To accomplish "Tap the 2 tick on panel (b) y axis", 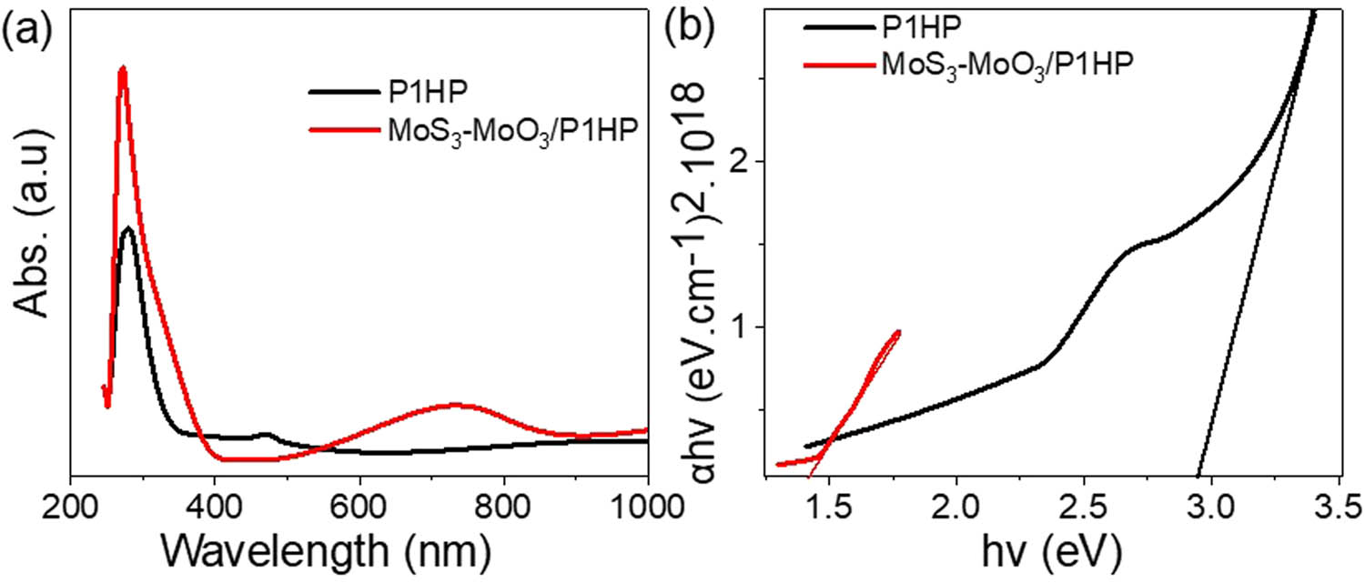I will [x=742, y=162].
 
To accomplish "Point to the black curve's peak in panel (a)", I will [x=127, y=228].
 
